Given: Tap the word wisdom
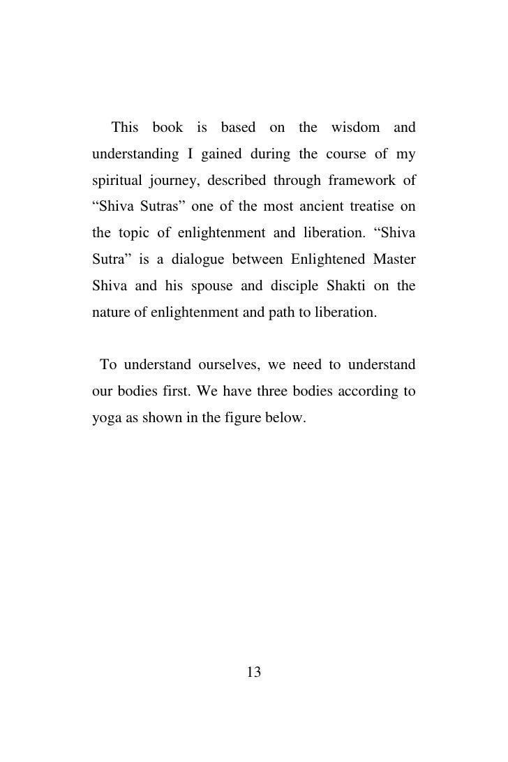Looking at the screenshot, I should coord(356,128).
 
